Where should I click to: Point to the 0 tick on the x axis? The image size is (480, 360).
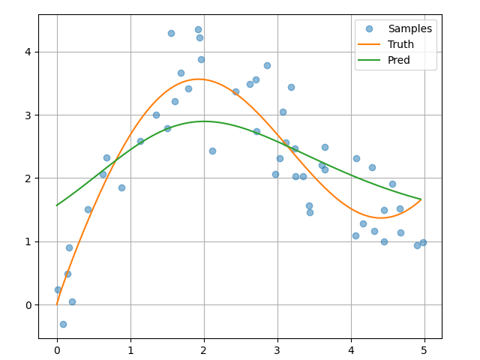[57, 349]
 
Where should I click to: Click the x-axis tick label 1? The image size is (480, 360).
[130, 349]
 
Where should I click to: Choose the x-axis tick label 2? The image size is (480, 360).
[204, 349]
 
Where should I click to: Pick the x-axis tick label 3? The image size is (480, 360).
[277, 349]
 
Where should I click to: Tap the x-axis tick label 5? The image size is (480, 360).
[424, 349]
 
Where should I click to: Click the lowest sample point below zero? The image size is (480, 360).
[63, 324]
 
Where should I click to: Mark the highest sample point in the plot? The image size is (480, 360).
[198, 29]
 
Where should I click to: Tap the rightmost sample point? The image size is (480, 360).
[423, 242]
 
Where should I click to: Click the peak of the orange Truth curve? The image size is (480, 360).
[198, 79]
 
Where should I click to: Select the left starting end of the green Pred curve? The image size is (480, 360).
[57, 205]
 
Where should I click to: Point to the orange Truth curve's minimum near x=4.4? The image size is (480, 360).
[379, 217]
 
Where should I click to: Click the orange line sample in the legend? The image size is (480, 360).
[370, 44]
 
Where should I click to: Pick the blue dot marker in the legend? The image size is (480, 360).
[370, 28]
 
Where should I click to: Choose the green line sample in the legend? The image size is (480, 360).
[370, 60]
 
